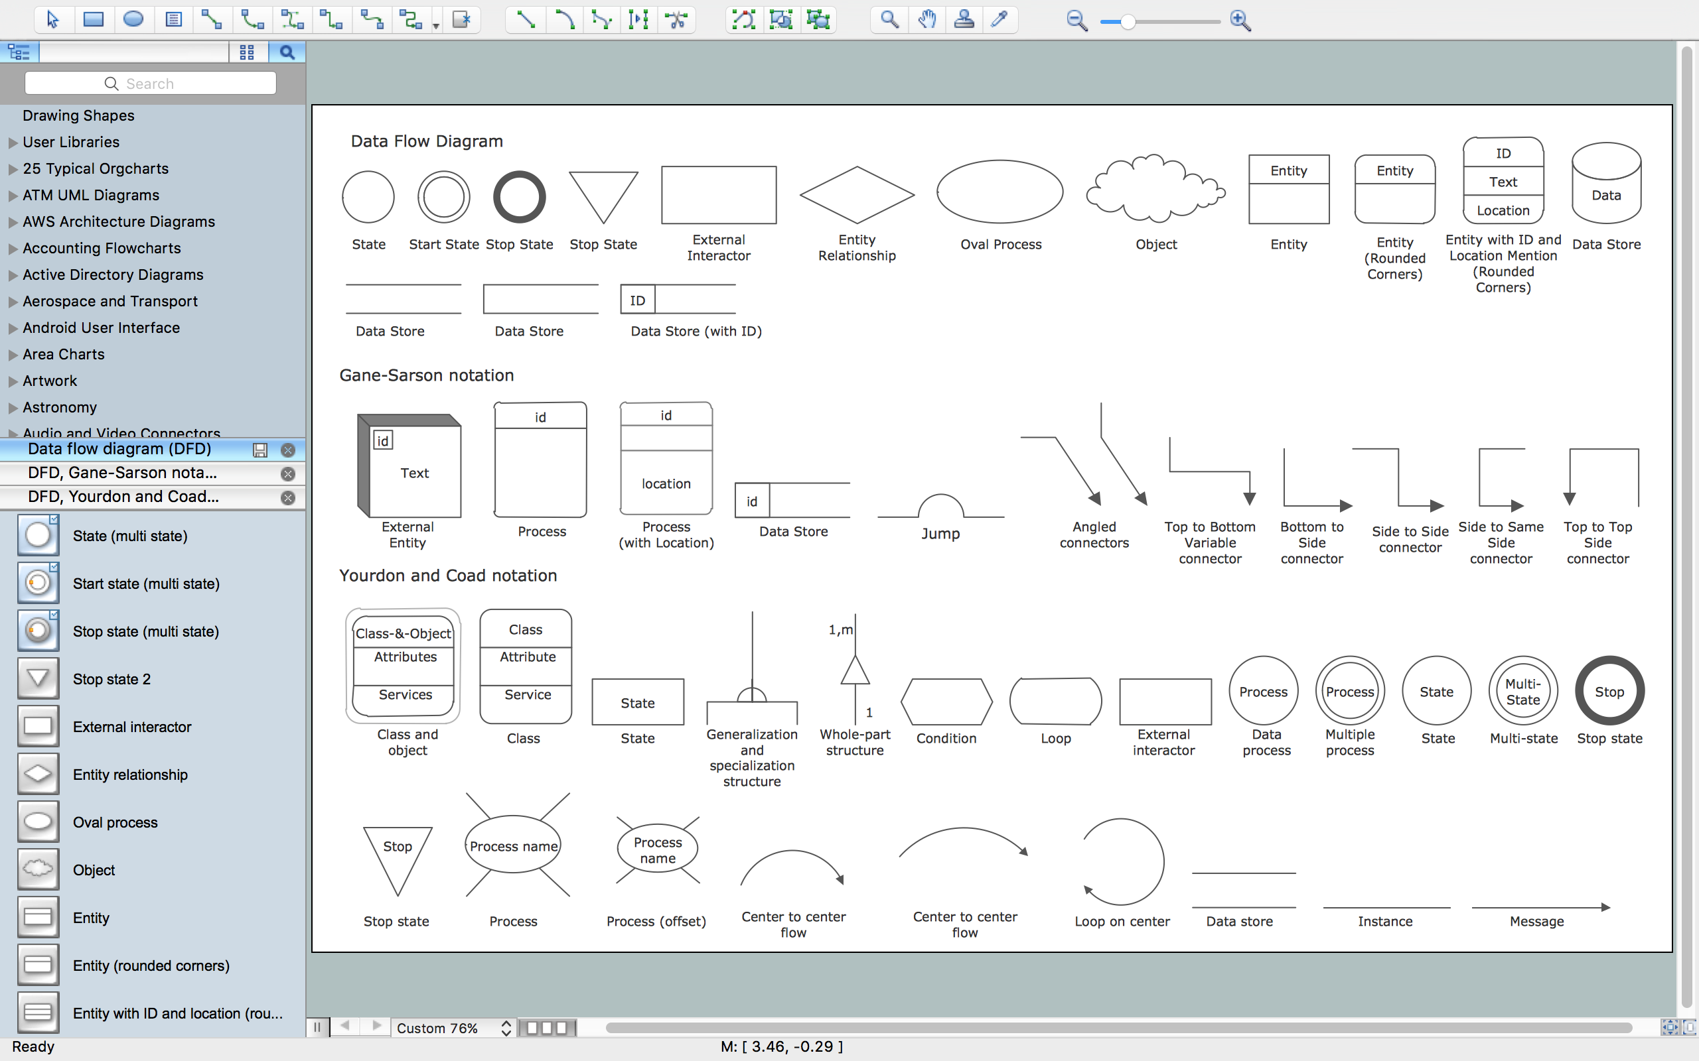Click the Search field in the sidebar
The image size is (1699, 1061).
[x=150, y=84]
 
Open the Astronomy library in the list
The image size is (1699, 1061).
[x=60, y=407]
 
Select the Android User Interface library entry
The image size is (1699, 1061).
[x=100, y=328]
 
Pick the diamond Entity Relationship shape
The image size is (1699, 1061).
[x=857, y=195]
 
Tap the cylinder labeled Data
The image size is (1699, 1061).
[x=1605, y=184]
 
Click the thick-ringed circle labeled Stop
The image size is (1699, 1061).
[x=1609, y=691]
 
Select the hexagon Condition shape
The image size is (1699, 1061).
[x=946, y=701]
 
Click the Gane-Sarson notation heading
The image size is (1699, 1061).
[x=426, y=375]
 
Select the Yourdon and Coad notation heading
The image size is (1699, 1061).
[x=448, y=576]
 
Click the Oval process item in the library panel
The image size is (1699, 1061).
[x=115, y=822]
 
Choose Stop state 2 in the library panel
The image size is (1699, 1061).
[x=111, y=679]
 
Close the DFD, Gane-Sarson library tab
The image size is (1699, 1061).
[x=287, y=473]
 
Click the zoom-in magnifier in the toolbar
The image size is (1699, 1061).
[x=1240, y=21]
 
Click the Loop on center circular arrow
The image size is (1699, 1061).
[x=1122, y=861]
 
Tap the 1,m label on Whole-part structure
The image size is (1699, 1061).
[x=840, y=629]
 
